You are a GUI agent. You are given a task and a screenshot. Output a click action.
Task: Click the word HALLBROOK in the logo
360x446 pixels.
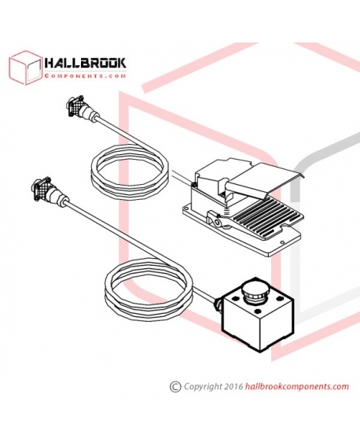(x=85, y=64)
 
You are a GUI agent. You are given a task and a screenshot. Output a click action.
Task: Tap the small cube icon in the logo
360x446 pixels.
(x=26, y=68)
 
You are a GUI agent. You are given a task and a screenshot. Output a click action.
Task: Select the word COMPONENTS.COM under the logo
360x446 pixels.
(x=85, y=76)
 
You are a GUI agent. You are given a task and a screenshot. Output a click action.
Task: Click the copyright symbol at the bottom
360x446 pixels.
(x=175, y=386)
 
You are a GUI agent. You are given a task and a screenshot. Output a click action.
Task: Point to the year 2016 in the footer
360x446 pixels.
(x=233, y=386)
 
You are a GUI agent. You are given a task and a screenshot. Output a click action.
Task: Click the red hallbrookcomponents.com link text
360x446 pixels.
(x=296, y=386)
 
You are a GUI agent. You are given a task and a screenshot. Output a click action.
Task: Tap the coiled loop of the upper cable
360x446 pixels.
(x=130, y=171)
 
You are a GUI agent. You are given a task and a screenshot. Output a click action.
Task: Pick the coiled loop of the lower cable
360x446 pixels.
(x=149, y=289)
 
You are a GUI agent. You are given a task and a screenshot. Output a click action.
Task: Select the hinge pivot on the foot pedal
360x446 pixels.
(x=218, y=221)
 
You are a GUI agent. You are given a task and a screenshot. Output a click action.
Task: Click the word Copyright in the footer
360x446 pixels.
(x=203, y=386)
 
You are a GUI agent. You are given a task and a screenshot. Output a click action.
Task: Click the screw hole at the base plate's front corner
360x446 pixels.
(x=282, y=242)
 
